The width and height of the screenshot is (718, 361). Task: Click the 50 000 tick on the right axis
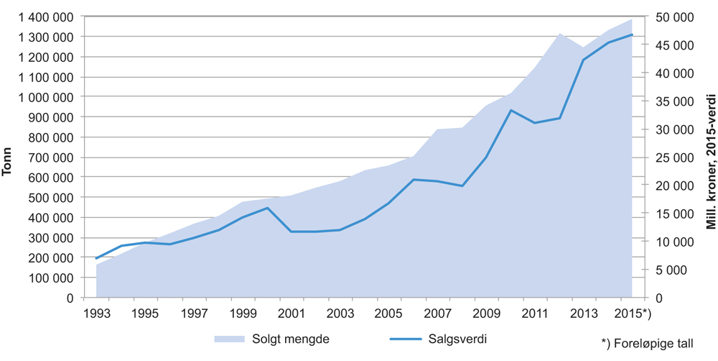coord(672,17)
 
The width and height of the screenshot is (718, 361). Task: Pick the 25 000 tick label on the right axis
coord(672,157)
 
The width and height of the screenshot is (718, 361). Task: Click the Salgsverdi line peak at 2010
coord(510,110)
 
